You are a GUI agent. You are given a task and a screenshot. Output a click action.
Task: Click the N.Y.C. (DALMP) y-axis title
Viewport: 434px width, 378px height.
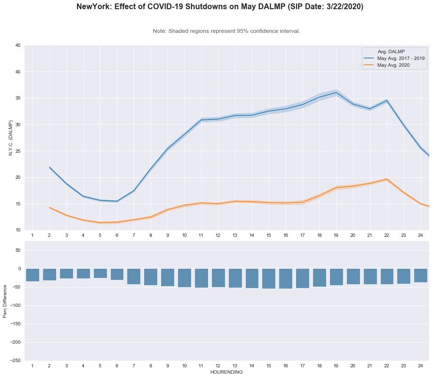[x=11, y=138]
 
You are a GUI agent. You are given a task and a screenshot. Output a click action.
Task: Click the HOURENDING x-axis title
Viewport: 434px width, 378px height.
[x=226, y=373]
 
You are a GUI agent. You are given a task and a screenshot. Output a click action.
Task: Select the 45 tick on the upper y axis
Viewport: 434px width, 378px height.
[x=18, y=45]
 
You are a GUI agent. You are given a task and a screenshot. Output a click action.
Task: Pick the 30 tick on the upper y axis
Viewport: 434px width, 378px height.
[x=18, y=125]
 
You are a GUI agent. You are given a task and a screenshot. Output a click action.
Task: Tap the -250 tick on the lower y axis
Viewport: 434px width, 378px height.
[x=15, y=361]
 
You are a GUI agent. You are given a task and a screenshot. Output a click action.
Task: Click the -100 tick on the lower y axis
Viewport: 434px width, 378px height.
[x=15, y=305]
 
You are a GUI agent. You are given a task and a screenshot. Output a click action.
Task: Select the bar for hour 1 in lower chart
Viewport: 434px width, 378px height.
[x=32, y=275]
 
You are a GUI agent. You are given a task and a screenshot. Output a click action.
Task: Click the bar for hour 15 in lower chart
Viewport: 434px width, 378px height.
[x=269, y=278]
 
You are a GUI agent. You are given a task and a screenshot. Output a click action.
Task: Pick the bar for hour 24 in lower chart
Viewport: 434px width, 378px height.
[x=420, y=276]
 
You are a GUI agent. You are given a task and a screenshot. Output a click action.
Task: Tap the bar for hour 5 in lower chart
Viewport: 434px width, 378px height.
[x=100, y=274]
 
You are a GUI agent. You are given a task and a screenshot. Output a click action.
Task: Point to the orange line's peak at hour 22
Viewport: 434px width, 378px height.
[x=387, y=179]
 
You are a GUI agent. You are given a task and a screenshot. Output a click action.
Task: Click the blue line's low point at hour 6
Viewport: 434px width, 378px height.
[x=117, y=201]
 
